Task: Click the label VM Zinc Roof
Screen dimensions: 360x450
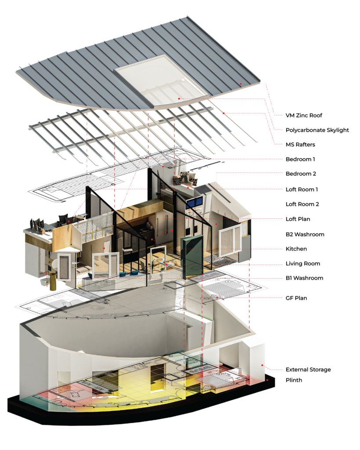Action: [x=304, y=116]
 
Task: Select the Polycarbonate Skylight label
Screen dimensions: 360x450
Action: [x=317, y=130]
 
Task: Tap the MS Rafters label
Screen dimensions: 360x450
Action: [x=300, y=145]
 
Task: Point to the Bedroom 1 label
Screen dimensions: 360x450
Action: [x=300, y=159]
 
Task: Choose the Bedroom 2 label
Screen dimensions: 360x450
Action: [x=301, y=174]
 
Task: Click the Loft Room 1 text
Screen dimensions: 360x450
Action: [x=302, y=189]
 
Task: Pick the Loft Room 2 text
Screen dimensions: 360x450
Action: [x=302, y=204]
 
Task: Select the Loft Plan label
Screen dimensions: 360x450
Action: [x=298, y=219]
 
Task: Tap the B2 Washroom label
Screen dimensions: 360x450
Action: [x=305, y=235]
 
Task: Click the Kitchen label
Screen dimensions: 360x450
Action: [x=296, y=249]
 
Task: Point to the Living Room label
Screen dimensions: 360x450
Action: [x=303, y=264]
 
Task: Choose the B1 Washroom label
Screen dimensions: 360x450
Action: [x=304, y=278]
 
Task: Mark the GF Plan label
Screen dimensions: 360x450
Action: [x=296, y=298]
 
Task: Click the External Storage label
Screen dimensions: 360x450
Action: [x=308, y=370]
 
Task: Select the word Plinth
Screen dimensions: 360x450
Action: [x=294, y=380]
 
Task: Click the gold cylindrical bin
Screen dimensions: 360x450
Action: [x=53, y=282]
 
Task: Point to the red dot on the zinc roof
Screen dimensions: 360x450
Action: [x=241, y=84]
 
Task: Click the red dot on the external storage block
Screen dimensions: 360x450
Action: [x=262, y=365]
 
